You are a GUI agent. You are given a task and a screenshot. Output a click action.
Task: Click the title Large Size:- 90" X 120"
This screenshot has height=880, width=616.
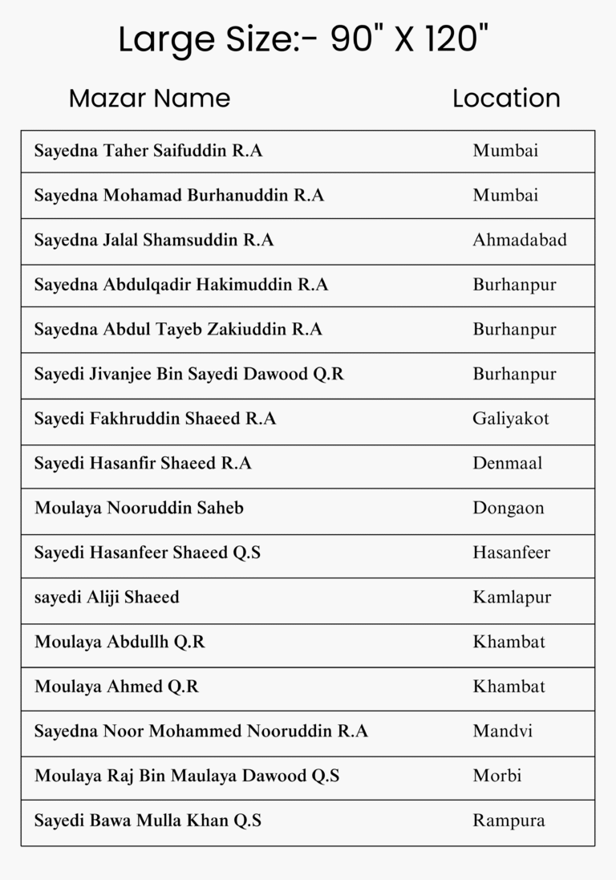[304, 39]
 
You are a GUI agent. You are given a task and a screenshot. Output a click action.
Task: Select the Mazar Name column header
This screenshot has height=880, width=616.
[149, 99]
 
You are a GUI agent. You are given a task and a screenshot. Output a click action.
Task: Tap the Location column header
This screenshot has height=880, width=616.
[506, 99]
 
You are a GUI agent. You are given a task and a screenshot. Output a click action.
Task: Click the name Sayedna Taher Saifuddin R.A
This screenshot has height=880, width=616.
[148, 151]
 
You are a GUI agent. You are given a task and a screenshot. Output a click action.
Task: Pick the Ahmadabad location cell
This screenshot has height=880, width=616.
[520, 240]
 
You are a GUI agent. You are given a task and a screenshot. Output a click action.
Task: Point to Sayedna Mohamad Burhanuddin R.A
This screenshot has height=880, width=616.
[179, 196]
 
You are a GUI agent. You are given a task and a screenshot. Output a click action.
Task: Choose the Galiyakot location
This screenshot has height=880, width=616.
[511, 419]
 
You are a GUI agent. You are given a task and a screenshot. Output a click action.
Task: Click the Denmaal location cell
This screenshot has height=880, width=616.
[508, 464]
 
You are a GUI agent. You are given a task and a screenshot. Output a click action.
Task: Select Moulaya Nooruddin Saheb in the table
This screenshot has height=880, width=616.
[139, 508]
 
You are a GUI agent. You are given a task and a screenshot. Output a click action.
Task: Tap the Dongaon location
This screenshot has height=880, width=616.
[509, 508]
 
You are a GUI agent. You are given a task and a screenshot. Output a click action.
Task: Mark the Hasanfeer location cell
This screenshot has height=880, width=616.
[512, 553]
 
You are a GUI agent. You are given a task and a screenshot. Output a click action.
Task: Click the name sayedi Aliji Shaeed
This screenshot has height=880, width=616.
[107, 598]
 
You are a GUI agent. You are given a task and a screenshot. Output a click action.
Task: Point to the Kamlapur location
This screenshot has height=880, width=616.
[512, 598]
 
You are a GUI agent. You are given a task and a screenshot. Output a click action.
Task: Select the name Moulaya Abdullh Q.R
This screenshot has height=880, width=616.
[120, 642]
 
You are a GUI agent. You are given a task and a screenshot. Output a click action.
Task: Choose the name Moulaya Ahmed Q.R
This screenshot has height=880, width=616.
[116, 687]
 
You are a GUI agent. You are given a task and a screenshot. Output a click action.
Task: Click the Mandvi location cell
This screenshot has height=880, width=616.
[503, 731]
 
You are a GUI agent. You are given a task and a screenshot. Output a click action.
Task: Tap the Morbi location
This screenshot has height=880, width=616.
[497, 776]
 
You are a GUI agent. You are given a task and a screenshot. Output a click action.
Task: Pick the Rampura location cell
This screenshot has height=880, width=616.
[509, 821]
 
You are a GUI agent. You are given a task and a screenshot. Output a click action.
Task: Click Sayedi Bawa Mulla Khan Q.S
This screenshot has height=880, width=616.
[148, 821]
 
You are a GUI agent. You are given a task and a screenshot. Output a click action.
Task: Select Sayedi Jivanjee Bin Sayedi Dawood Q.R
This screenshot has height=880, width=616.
[188, 374]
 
